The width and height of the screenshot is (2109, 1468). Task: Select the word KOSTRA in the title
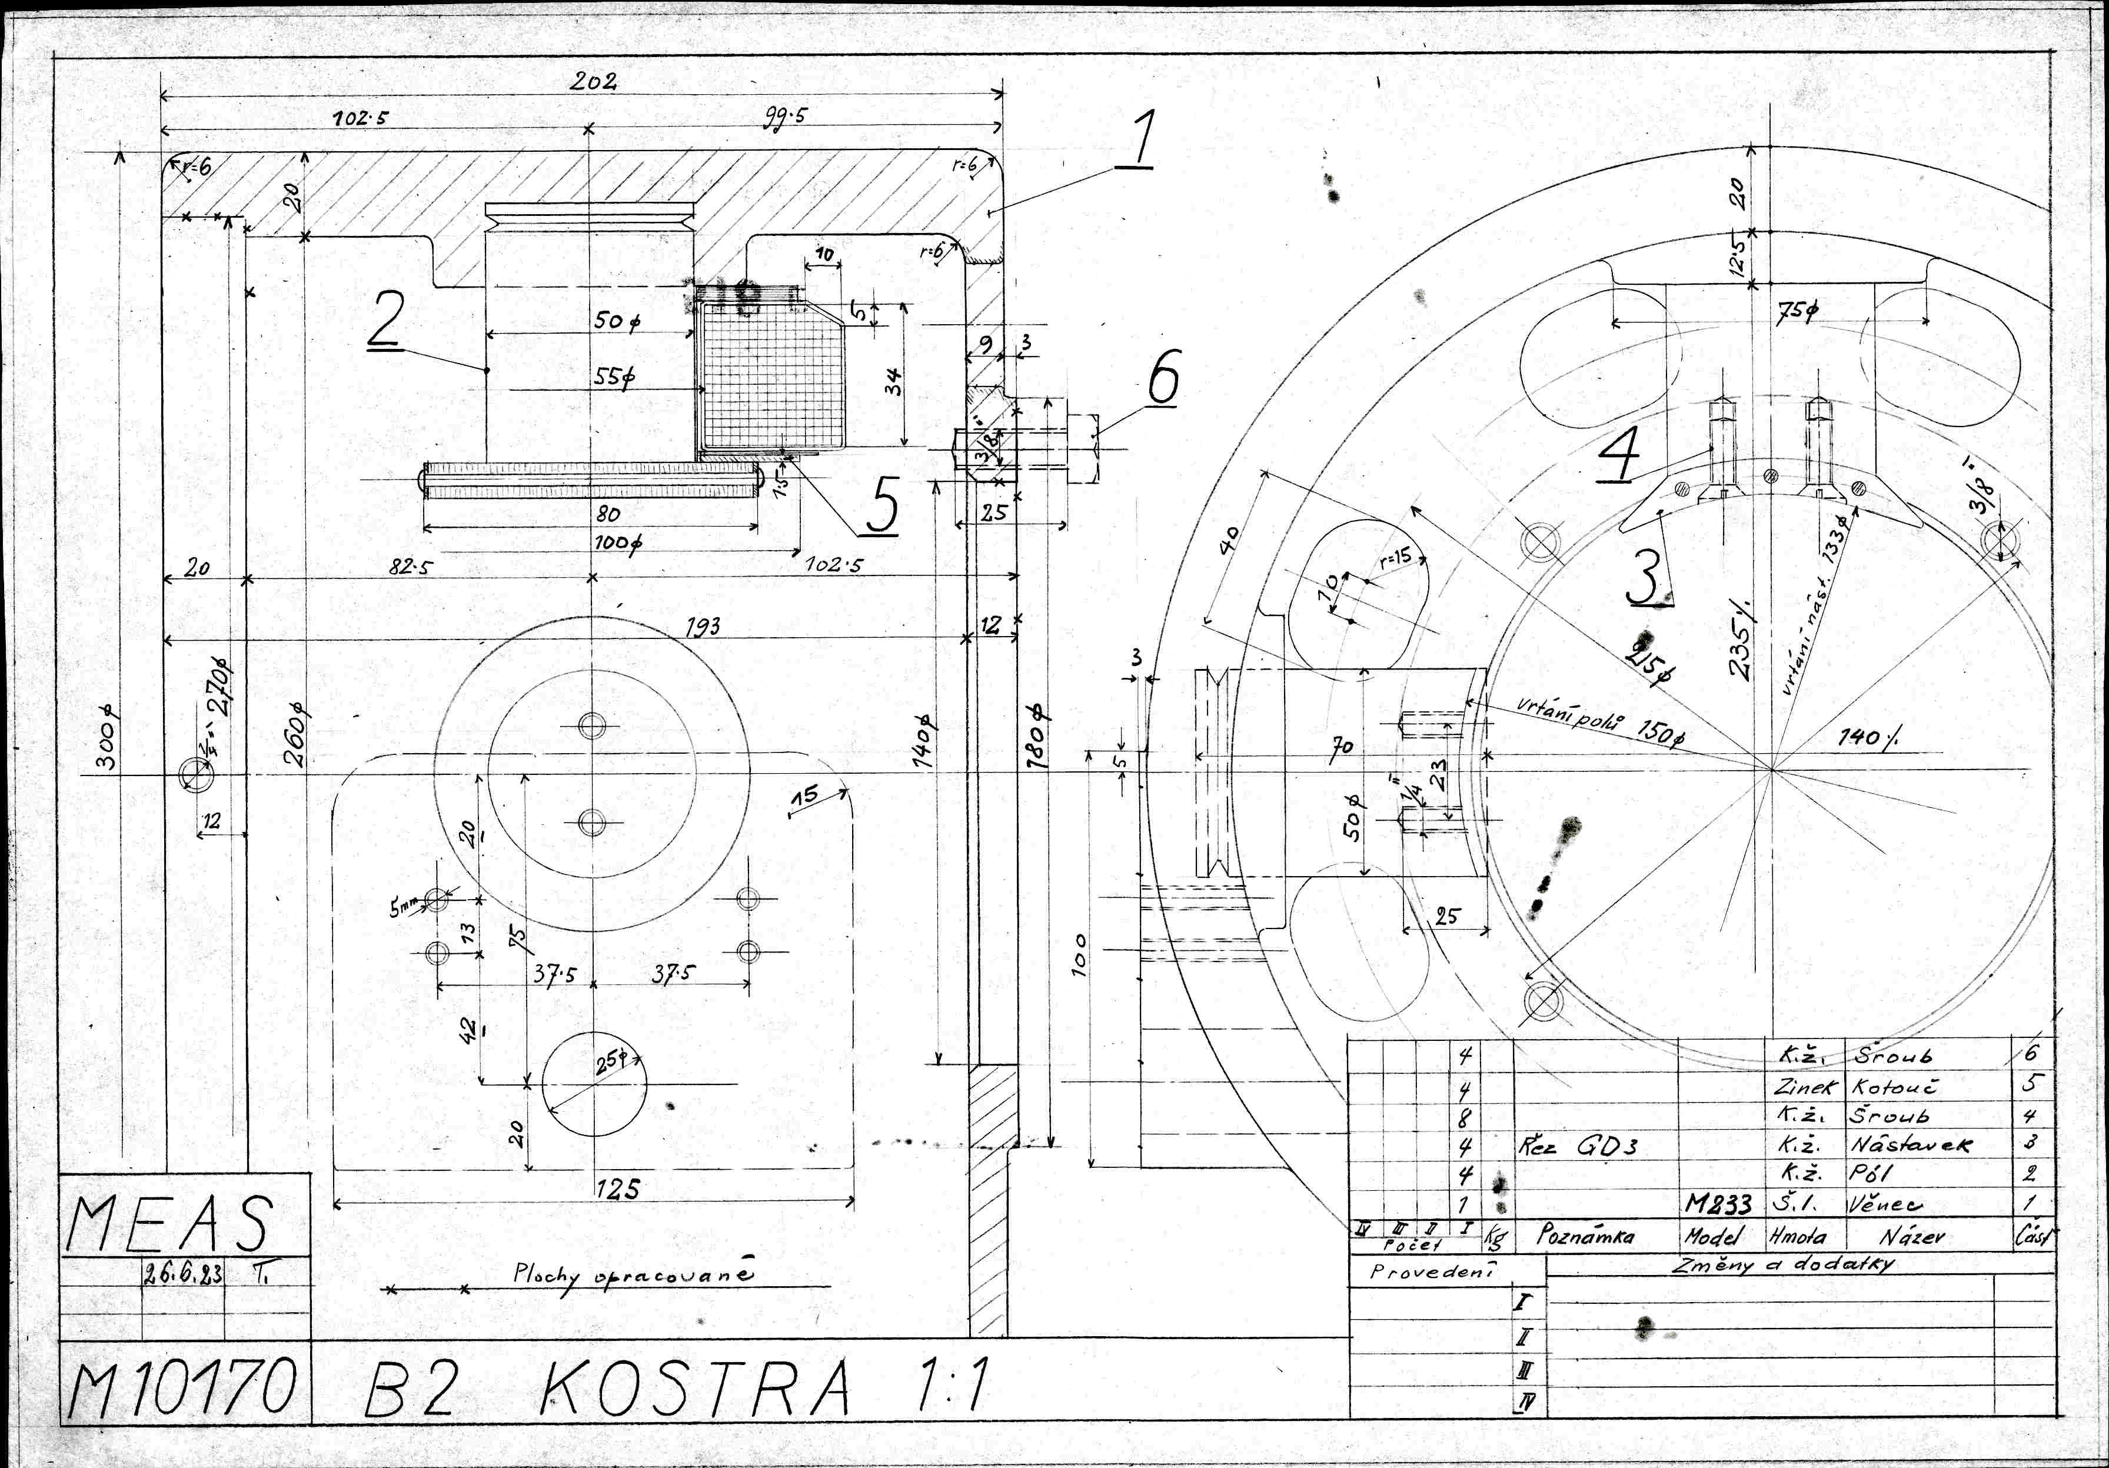(696, 1387)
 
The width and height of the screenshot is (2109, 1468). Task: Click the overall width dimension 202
(593, 82)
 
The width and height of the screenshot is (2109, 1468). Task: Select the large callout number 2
(386, 321)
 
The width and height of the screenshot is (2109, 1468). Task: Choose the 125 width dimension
(617, 1190)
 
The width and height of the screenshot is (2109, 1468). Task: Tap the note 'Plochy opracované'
(634, 1275)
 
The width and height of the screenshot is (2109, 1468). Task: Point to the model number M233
(1718, 1203)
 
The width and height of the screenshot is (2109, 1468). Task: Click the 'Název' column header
(1911, 1237)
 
